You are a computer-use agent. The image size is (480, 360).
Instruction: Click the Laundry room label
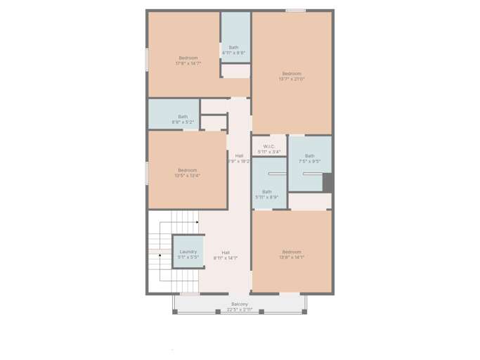(x=188, y=254)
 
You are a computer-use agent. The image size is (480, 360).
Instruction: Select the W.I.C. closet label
(x=268, y=149)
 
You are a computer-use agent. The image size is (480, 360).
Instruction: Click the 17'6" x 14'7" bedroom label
(x=188, y=60)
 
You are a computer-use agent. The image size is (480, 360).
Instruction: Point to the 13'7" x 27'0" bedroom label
(x=292, y=76)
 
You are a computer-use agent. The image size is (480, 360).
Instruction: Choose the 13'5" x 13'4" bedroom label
(x=187, y=172)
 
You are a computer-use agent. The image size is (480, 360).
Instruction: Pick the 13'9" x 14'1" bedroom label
(x=292, y=255)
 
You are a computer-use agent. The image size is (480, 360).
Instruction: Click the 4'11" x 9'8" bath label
(x=233, y=50)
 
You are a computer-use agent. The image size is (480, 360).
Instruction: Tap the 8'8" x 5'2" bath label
(x=183, y=120)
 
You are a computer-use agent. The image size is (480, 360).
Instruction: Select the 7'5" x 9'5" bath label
(x=309, y=158)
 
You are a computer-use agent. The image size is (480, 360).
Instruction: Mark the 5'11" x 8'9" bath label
(x=267, y=194)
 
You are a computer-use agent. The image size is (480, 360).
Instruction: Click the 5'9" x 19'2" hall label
(x=239, y=158)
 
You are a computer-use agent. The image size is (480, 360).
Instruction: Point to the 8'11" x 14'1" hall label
(x=226, y=255)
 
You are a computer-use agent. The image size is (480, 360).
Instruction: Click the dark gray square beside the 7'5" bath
(x=327, y=182)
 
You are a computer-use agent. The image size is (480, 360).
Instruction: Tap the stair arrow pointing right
(x=197, y=222)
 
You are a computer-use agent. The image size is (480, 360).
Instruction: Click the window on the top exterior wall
(x=296, y=11)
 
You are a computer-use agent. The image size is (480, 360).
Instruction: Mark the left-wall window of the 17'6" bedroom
(x=147, y=59)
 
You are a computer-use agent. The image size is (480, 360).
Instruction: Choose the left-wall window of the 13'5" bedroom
(x=147, y=173)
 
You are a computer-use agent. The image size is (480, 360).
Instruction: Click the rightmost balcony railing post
(x=304, y=311)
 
